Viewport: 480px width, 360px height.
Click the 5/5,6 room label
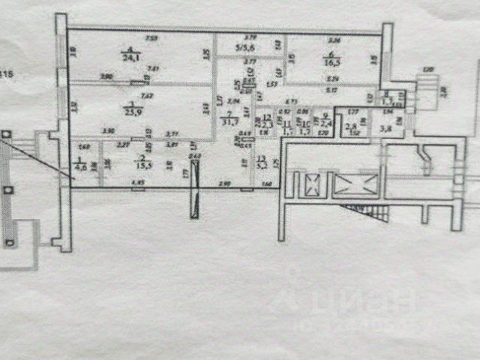tap(247, 49)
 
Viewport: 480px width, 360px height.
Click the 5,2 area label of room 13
tap(262, 163)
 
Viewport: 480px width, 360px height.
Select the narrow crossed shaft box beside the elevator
tap(310, 184)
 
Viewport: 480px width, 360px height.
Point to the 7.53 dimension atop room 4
tap(151, 37)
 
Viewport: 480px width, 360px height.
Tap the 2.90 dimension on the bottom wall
tap(223, 184)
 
